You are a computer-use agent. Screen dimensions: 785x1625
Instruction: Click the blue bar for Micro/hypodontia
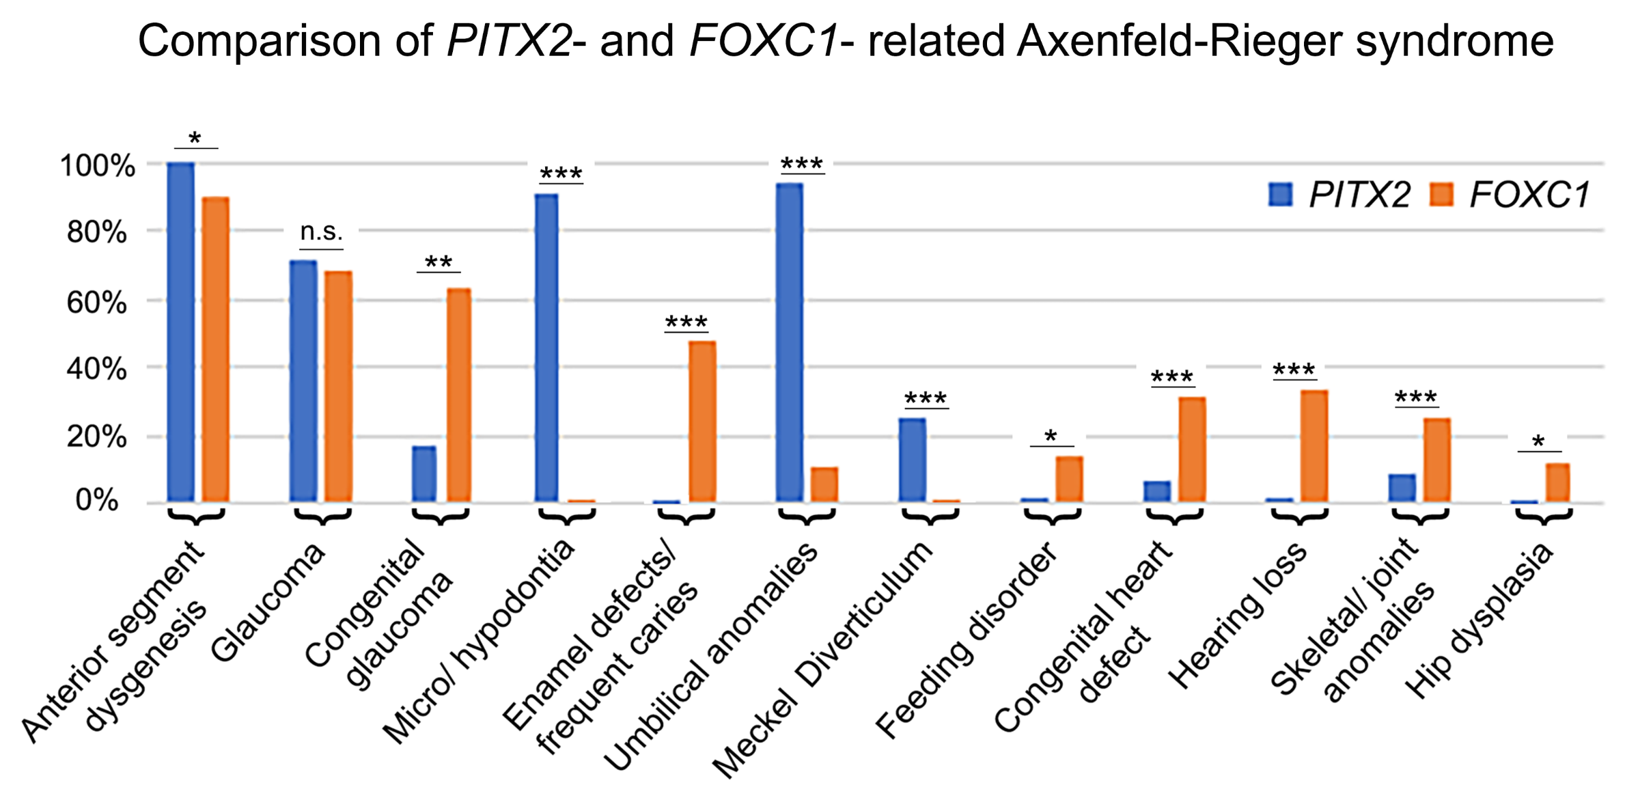(546, 348)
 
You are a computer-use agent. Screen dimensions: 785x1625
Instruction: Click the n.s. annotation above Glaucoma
(321, 232)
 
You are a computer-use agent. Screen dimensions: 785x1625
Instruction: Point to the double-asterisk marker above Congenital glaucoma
(439, 262)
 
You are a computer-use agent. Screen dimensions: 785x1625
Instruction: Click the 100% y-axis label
(97, 166)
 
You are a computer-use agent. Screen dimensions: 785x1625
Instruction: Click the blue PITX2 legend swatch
(1280, 195)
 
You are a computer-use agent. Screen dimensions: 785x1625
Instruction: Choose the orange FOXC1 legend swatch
(1442, 195)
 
